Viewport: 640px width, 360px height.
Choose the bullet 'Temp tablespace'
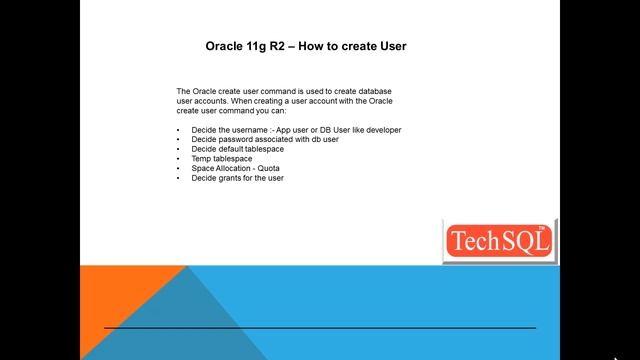click(x=221, y=158)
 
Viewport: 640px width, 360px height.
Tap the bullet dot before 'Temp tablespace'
click(x=179, y=158)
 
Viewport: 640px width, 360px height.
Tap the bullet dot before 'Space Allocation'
click(x=179, y=168)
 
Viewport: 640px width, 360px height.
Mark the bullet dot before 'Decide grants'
click(x=179, y=177)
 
